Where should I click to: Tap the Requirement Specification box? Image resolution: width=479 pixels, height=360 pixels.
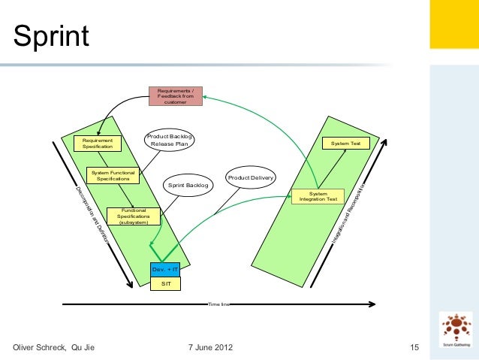coord(98,143)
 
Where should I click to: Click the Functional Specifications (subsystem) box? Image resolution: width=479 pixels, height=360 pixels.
coord(134,216)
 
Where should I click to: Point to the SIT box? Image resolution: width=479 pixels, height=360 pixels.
coord(165,283)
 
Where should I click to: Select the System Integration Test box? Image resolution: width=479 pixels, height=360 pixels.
coord(318,197)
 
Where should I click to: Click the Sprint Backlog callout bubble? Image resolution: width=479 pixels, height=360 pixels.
coord(188,185)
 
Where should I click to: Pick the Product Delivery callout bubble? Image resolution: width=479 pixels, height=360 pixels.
coord(251,178)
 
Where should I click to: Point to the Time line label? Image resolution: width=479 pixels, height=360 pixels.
coord(219,304)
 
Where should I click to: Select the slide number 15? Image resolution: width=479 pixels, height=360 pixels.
coord(414,347)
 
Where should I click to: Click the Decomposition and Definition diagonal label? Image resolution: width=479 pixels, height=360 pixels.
coord(92,216)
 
